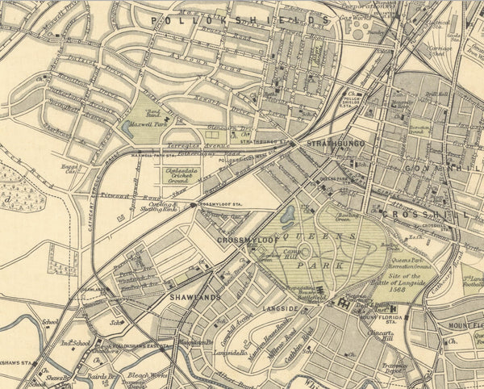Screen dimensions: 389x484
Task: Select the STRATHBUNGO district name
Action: [x=334, y=143]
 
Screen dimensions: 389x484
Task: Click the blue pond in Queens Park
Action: [x=287, y=215]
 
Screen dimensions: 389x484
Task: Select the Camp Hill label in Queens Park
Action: [x=271, y=256]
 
